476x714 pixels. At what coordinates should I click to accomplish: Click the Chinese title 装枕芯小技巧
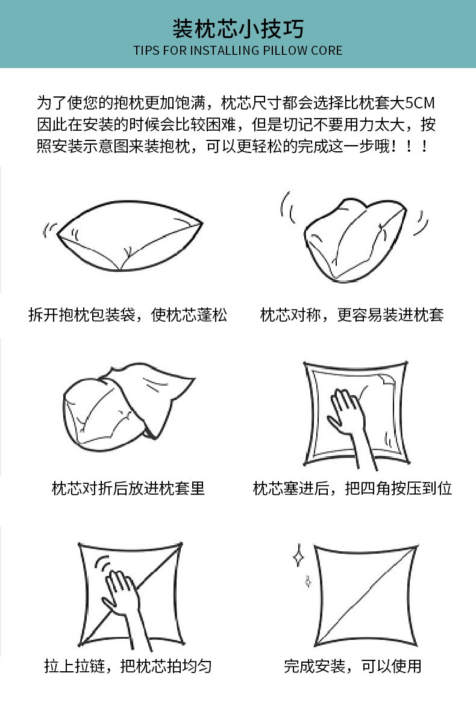pyautogui.click(x=238, y=29)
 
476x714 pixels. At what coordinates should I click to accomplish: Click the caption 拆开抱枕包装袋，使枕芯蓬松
pyautogui.click(x=128, y=315)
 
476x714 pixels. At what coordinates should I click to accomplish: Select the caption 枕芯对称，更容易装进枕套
pyautogui.click(x=352, y=315)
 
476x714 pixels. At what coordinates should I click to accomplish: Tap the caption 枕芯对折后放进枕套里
pyautogui.click(x=128, y=489)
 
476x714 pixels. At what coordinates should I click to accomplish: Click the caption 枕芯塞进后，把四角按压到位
pyautogui.click(x=352, y=489)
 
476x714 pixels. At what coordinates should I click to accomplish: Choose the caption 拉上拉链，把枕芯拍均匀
pyautogui.click(x=128, y=666)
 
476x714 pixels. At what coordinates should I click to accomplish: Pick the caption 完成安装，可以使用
pyautogui.click(x=352, y=666)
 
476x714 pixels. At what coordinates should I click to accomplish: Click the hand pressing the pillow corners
pyautogui.click(x=351, y=421)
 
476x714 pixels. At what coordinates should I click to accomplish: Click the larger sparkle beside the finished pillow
pyautogui.click(x=298, y=556)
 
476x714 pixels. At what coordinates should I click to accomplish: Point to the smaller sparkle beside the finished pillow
pyautogui.click(x=308, y=581)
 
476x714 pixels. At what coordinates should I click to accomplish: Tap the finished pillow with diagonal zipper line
pyautogui.click(x=366, y=595)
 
